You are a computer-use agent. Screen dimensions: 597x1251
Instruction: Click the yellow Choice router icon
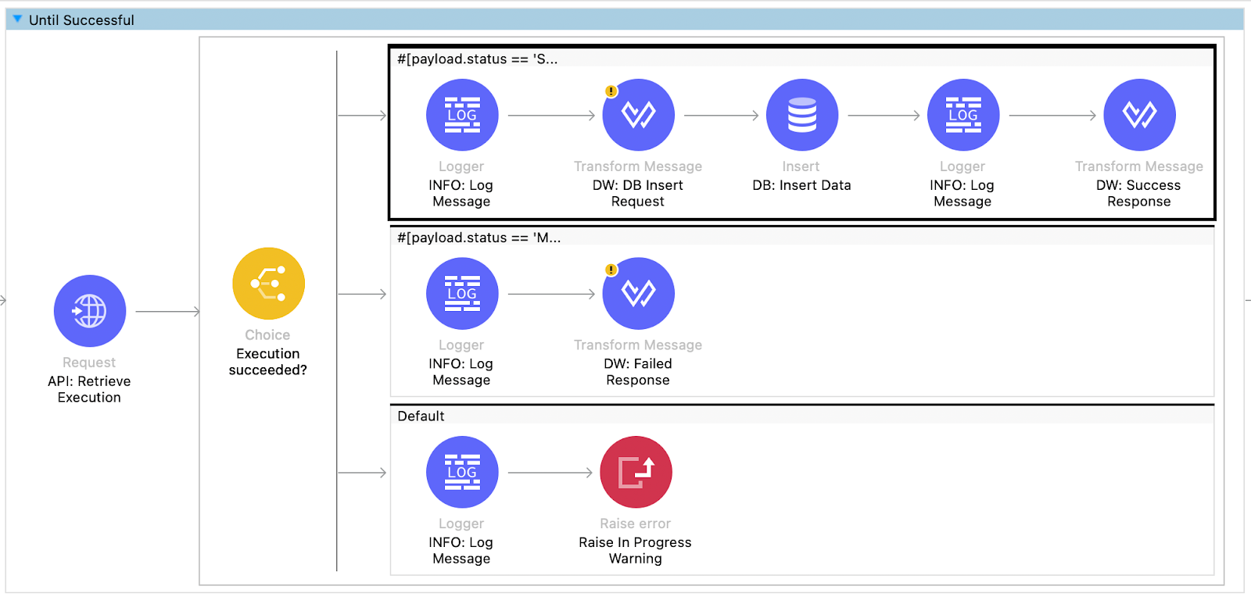pos(268,284)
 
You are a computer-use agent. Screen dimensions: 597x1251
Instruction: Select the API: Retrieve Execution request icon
pos(90,311)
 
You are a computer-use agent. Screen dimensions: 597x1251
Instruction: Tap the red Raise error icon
pos(636,472)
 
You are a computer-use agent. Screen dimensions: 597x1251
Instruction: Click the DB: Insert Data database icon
pos(801,115)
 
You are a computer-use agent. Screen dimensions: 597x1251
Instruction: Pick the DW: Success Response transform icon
pos(1139,115)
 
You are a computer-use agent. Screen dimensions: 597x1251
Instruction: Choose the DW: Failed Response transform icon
pos(638,294)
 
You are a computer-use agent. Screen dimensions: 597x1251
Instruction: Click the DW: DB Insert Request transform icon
pos(638,115)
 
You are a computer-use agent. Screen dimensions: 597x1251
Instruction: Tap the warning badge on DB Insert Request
pos(611,91)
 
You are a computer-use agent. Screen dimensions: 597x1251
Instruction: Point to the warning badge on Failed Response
pos(611,270)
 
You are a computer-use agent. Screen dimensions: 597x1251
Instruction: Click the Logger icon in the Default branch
pos(462,472)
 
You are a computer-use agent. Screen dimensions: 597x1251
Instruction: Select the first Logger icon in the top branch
pos(462,115)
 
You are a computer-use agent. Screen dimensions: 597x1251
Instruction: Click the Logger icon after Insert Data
pos(962,115)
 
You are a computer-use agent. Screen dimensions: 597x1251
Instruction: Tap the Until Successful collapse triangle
pos(17,19)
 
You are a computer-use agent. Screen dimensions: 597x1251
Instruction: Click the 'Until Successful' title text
pos(81,20)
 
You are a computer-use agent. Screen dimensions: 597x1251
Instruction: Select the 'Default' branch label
pos(421,416)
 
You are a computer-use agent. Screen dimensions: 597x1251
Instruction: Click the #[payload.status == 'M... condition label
pos(479,238)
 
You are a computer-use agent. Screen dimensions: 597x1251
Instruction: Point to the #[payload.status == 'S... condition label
pos(477,59)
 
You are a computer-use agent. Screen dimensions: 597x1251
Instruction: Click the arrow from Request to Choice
pos(167,312)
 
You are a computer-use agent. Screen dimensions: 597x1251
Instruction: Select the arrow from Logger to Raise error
pos(550,473)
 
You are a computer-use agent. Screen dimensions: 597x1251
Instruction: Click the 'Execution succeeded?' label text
pos(267,362)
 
